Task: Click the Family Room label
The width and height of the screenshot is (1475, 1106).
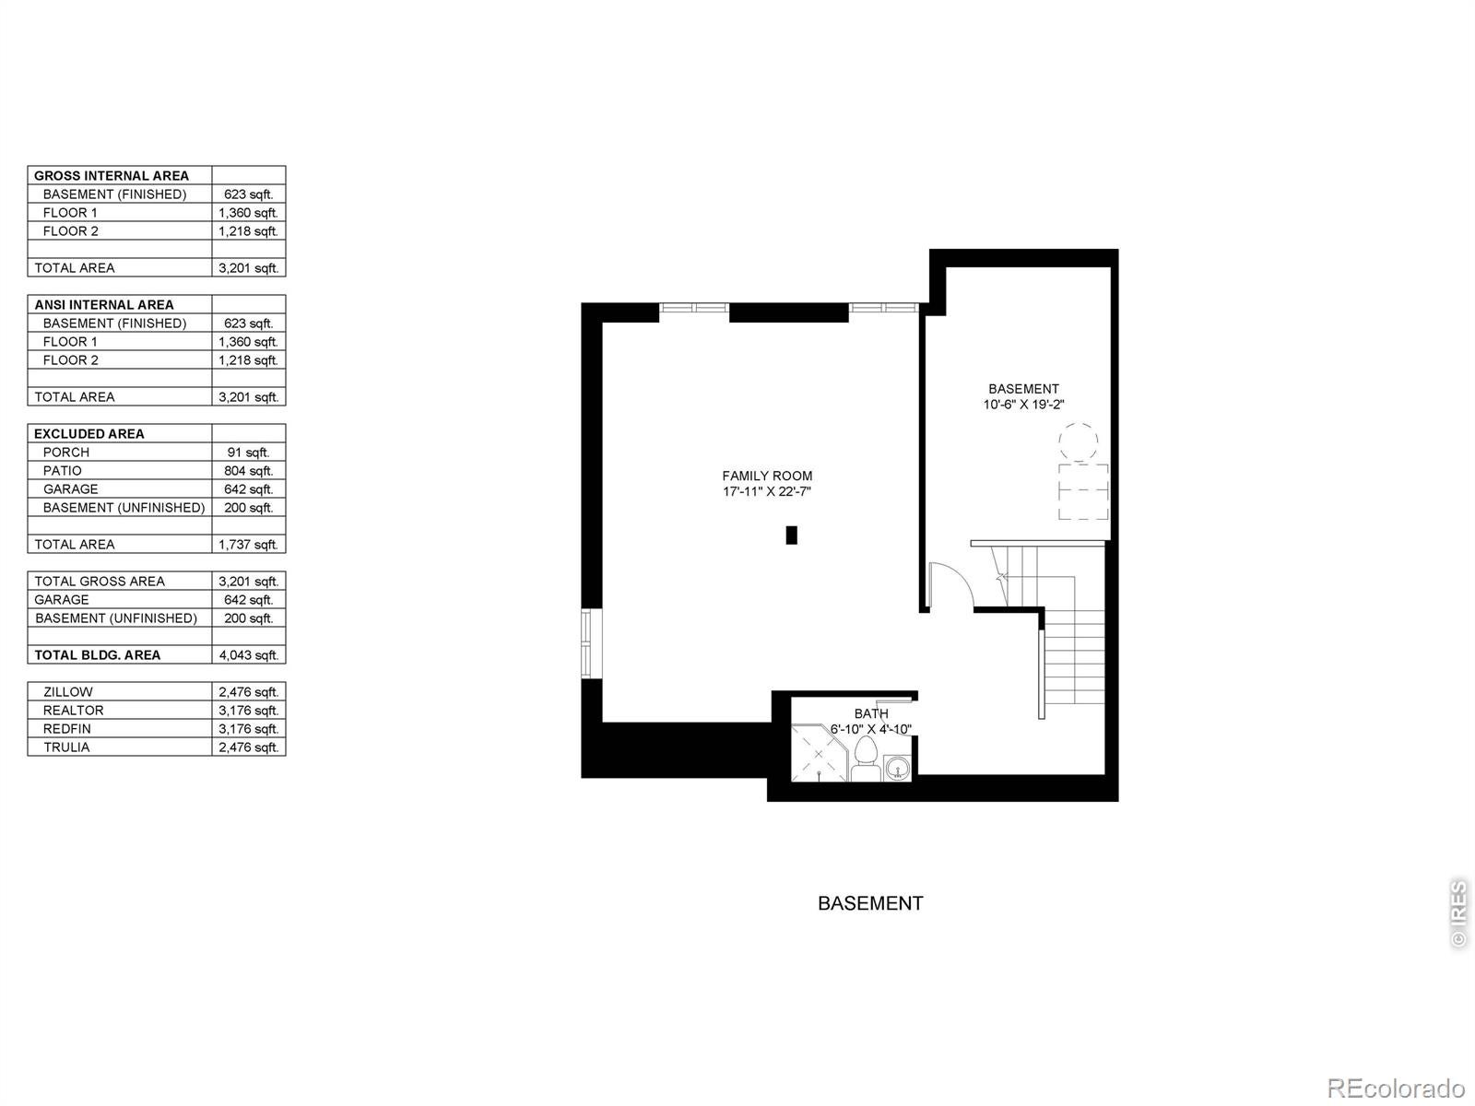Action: [x=767, y=477]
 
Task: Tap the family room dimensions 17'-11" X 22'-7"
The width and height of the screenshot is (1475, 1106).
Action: [x=767, y=491]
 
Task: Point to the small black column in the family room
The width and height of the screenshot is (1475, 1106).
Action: [x=792, y=535]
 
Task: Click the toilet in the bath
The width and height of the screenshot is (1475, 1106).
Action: [x=866, y=759]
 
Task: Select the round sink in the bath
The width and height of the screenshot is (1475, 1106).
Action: [x=898, y=768]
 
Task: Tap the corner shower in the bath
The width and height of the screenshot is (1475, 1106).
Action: [x=820, y=753]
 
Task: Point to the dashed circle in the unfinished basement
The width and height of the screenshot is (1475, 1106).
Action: [x=1079, y=441]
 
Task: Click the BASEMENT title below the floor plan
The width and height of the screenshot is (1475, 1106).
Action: [x=870, y=903]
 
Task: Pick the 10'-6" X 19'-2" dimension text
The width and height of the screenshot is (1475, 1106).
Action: [x=1023, y=405]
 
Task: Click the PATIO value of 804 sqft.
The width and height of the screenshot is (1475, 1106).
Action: [x=249, y=471]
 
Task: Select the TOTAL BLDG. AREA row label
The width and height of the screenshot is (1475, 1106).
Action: [x=98, y=654]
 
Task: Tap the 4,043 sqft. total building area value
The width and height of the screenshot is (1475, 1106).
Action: [x=249, y=654]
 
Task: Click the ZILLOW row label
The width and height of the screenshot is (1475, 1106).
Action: [x=68, y=691]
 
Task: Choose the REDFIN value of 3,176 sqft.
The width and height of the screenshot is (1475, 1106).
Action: [x=249, y=729]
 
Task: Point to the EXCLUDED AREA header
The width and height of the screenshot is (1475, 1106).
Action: [x=89, y=434]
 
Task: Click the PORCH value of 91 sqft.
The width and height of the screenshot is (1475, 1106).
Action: [x=249, y=453]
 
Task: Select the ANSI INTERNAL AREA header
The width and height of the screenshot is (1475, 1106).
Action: [x=104, y=305]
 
